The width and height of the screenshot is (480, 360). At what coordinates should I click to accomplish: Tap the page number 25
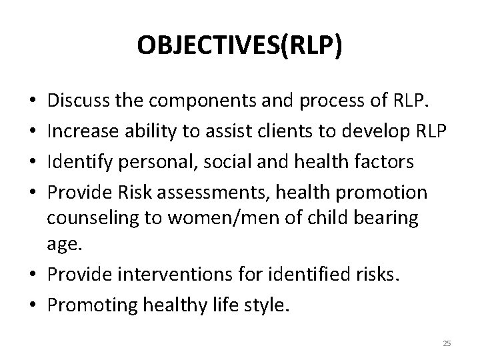click(447, 343)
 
